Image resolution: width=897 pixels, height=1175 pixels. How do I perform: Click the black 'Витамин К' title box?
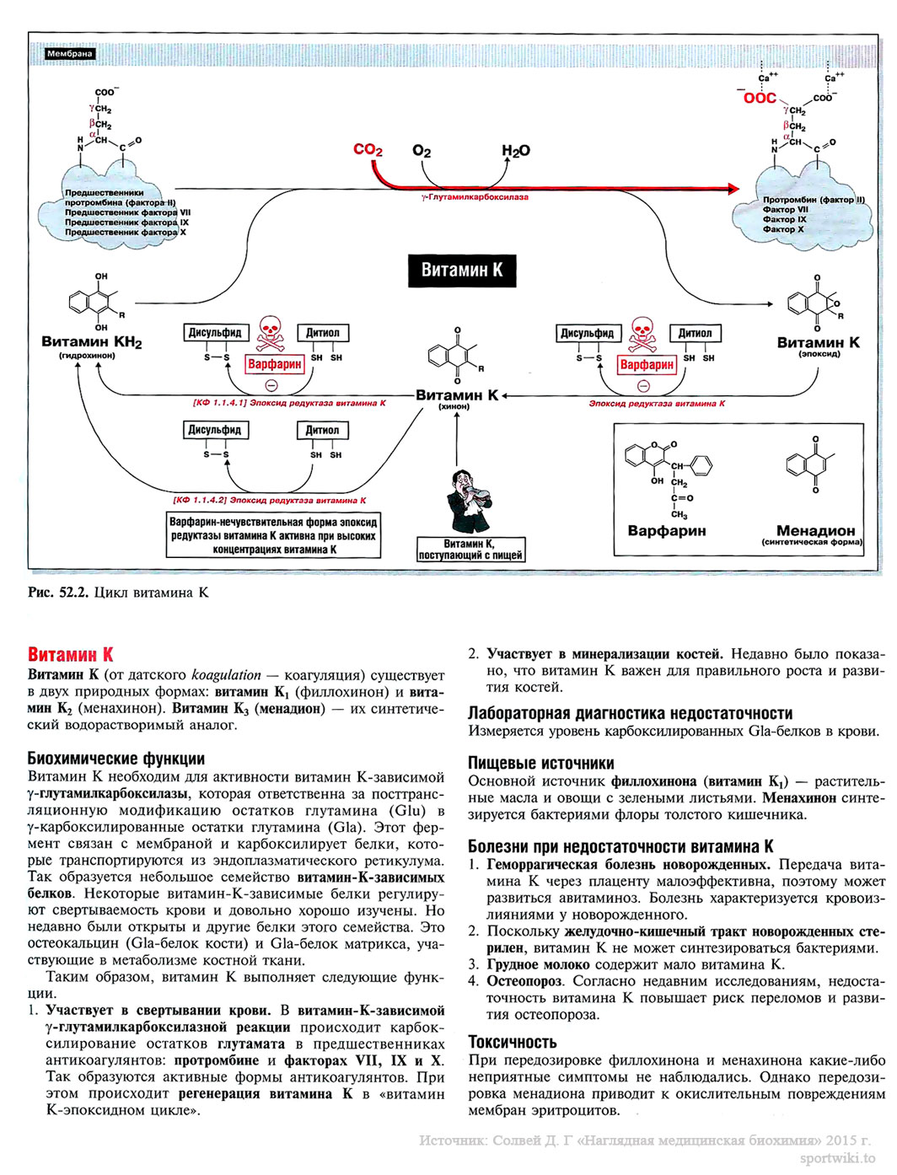(x=461, y=271)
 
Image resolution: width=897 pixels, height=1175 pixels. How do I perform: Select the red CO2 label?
(x=368, y=150)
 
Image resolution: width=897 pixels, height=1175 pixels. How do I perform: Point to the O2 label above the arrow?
(x=422, y=151)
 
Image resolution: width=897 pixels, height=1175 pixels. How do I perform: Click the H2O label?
(x=515, y=151)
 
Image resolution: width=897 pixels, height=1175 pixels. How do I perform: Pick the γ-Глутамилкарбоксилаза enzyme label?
(x=475, y=197)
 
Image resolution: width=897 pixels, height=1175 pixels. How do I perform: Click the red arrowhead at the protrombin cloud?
(x=733, y=190)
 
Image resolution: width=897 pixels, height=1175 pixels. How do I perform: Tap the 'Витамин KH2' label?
(x=91, y=342)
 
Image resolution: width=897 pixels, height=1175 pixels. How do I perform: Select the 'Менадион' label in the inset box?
(x=814, y=531)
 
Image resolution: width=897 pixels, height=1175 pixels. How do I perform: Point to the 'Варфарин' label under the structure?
(x=666, y=531)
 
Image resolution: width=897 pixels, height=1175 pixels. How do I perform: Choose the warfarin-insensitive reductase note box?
(x=273, y=536)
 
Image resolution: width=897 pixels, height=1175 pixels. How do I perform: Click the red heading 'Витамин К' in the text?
(x=70, y=655)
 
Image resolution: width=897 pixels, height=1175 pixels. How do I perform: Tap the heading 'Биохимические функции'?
(x=115, y=759)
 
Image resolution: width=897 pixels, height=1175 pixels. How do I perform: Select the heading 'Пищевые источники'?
(x=540, y=764)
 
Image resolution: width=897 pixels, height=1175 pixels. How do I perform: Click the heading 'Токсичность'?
(x=512, y=1043)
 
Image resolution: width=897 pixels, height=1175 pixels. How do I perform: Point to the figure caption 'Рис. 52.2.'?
(x=58, y=593)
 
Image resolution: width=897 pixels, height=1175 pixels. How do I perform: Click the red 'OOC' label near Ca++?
(x=759, y=99)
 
